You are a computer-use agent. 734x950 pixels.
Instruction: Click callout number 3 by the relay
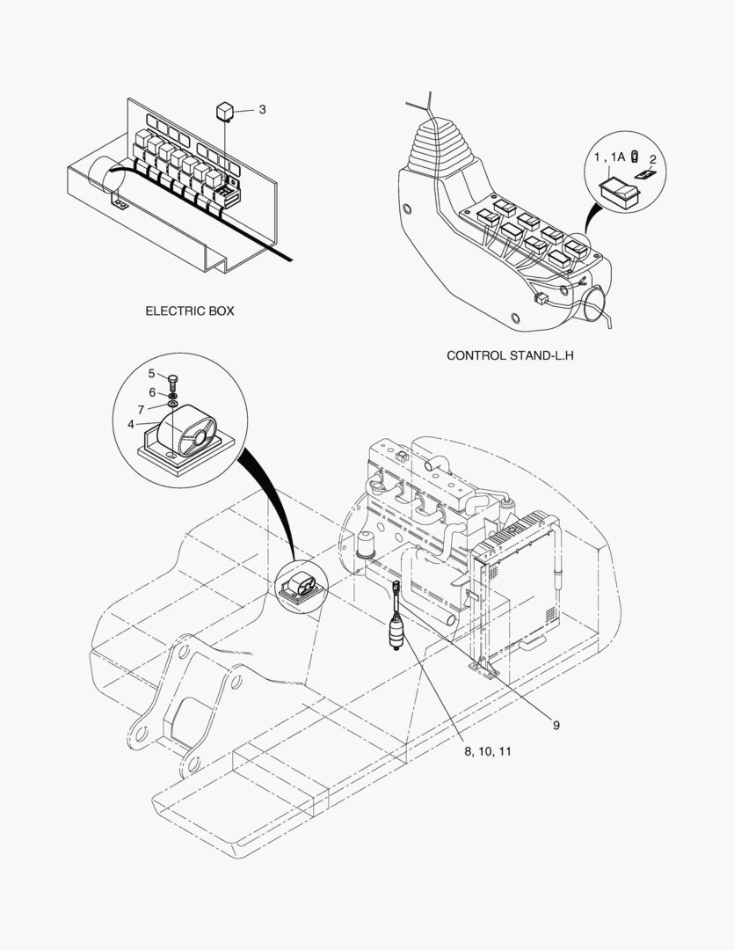[262, 110]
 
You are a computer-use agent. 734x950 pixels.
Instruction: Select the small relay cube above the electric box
[225, 110]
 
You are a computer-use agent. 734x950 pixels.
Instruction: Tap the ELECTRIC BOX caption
[190, 311]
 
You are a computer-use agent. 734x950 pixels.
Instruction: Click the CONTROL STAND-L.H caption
[504, 356]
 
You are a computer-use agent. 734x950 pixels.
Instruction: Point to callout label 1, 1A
[608, 156]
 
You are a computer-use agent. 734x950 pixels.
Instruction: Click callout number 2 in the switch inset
[652, 159]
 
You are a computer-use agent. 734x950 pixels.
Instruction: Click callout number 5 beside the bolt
[151, 373]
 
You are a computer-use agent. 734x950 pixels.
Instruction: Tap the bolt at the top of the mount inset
[172, 381]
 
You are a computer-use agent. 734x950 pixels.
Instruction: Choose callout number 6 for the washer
[151, 391]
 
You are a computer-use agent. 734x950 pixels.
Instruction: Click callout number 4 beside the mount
[131, 424]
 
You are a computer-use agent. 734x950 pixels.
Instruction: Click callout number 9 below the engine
[556, 725]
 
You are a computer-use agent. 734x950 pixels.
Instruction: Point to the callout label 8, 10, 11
[488, 752]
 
